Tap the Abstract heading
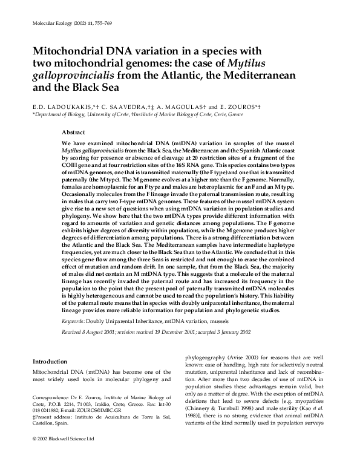click(x=74, y=132)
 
